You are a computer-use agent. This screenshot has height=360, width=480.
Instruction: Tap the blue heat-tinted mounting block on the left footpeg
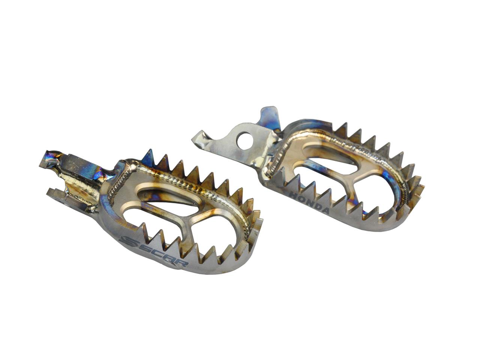pos(82,165)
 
